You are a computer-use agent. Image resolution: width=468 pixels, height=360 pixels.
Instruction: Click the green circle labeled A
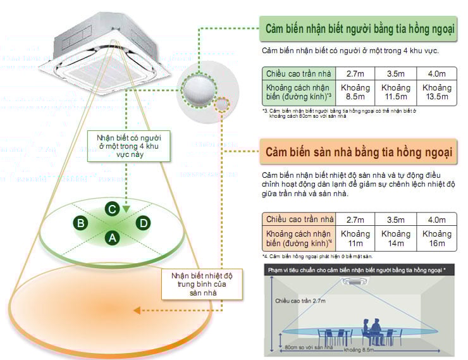pos(112,238)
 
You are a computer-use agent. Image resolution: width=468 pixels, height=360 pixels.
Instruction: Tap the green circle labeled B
pos(80,223)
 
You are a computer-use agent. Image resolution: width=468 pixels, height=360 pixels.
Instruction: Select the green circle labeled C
pos(111,209)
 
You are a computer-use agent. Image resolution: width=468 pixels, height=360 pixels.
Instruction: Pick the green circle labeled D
pos(144,223)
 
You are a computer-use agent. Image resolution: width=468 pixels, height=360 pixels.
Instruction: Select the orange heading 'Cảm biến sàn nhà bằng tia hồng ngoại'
pos(358,153)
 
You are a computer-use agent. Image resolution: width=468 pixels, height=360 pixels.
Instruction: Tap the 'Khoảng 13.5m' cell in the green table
pos(436,92)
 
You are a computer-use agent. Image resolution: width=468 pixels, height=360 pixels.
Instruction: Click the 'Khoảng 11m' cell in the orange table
pos(355,239)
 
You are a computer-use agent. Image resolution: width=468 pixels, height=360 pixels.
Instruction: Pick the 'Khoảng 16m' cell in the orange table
pos(436,239)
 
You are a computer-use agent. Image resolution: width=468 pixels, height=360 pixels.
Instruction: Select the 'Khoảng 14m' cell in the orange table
pos(395,239)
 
